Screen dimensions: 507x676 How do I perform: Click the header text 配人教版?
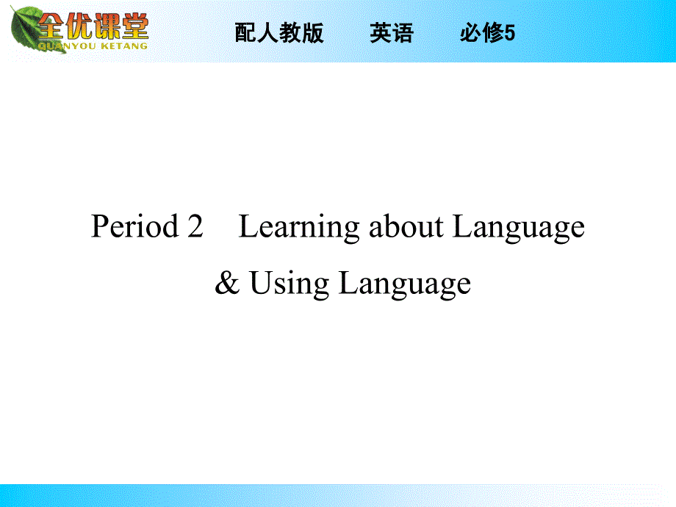279,33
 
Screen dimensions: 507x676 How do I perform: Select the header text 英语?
392,33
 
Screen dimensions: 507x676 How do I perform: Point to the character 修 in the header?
493,33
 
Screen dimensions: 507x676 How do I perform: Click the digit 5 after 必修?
511,33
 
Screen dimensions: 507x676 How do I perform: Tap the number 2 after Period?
195,227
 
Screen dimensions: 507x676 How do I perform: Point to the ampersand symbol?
227,284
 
